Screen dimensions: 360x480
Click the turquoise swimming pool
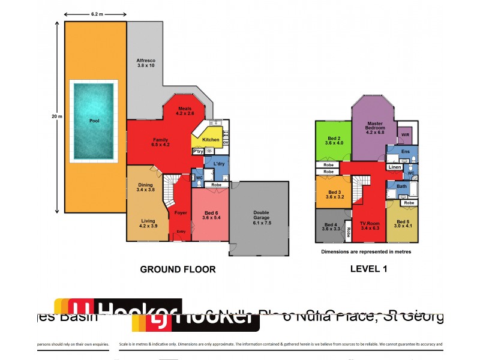pos(94,121)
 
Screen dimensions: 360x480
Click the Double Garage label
pos(261,217)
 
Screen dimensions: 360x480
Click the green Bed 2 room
pos(334,140)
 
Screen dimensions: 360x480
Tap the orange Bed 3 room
pos(334,193)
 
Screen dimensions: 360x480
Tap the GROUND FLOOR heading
pos(178,269)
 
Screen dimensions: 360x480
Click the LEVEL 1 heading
pos(368,269)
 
